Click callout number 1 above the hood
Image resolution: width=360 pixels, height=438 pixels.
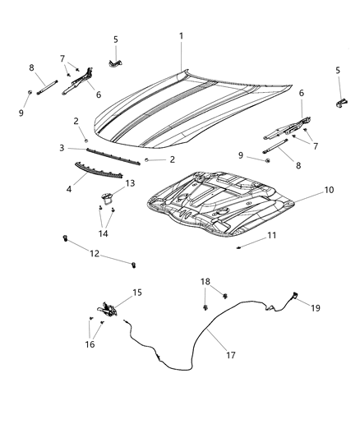coord(182,36)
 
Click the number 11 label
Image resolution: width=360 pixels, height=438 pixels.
coord(271,236)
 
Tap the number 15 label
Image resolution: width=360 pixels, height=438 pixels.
coord(138,292)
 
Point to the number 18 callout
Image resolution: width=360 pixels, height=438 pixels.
coord(205,282)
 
